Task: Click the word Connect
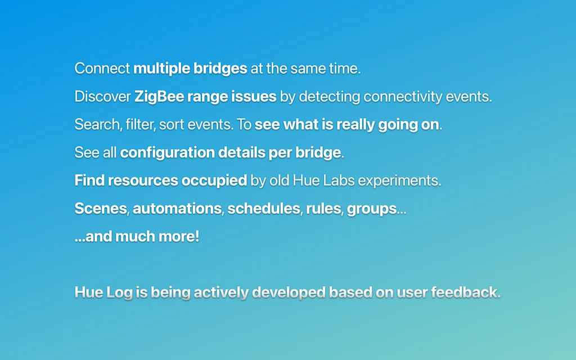[x=102, y=68]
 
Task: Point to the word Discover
[x=102, y=97]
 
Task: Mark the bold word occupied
[x=214, y=181]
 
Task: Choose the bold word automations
[x=177, y=209]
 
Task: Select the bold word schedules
[x=264, y=209]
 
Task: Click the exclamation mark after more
[x=197, y=237]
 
